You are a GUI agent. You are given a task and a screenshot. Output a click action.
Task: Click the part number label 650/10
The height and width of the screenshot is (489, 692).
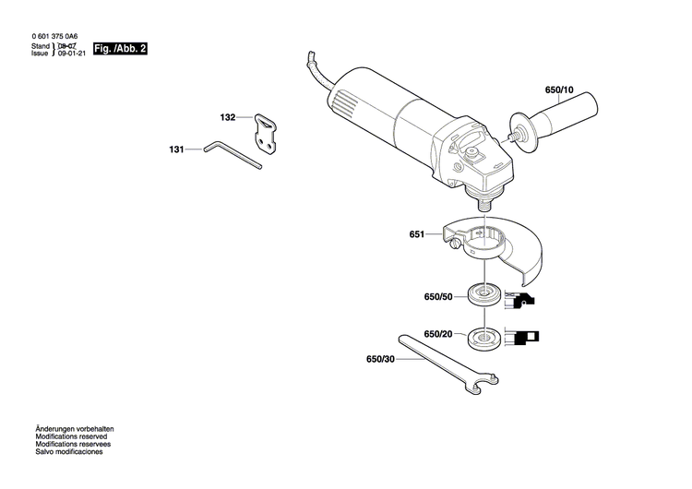coord(559,90)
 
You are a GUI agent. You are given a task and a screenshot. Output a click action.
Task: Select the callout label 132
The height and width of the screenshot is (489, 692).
coord(228,118)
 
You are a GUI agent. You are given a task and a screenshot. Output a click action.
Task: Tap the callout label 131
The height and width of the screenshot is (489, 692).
coord(176,149)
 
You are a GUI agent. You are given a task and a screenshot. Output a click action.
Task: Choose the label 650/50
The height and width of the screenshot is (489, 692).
coord(438,297)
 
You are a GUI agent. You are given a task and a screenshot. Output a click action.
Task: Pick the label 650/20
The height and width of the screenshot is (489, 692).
coord(438,334)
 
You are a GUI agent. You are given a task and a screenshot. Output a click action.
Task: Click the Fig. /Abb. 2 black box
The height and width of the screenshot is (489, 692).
coord(121,48)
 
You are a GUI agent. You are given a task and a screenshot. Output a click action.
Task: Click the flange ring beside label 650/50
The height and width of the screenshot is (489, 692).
coord(483,296)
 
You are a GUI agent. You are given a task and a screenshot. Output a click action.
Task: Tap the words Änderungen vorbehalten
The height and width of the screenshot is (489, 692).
coord(74,430)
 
